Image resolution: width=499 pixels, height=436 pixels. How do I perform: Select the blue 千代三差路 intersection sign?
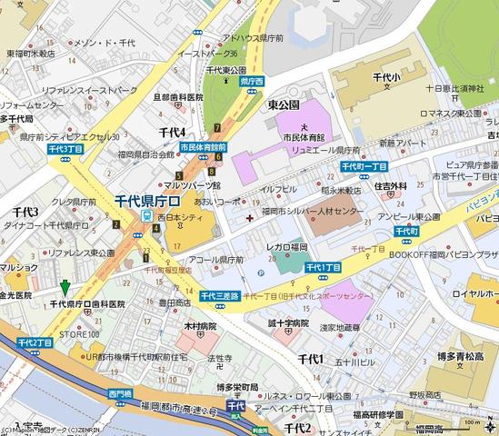click(x=219, y=296)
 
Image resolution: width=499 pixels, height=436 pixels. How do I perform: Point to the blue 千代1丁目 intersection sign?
click(x=323, y=267)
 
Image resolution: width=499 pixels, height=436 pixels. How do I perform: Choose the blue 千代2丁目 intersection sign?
click(x=35, y=342)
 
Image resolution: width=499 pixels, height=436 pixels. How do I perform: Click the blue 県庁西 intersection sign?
click(x=250, y=82)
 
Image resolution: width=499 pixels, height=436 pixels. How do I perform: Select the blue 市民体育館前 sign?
click(x=203, y=146)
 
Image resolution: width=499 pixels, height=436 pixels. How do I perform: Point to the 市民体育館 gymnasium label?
click(x=304, y=136)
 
